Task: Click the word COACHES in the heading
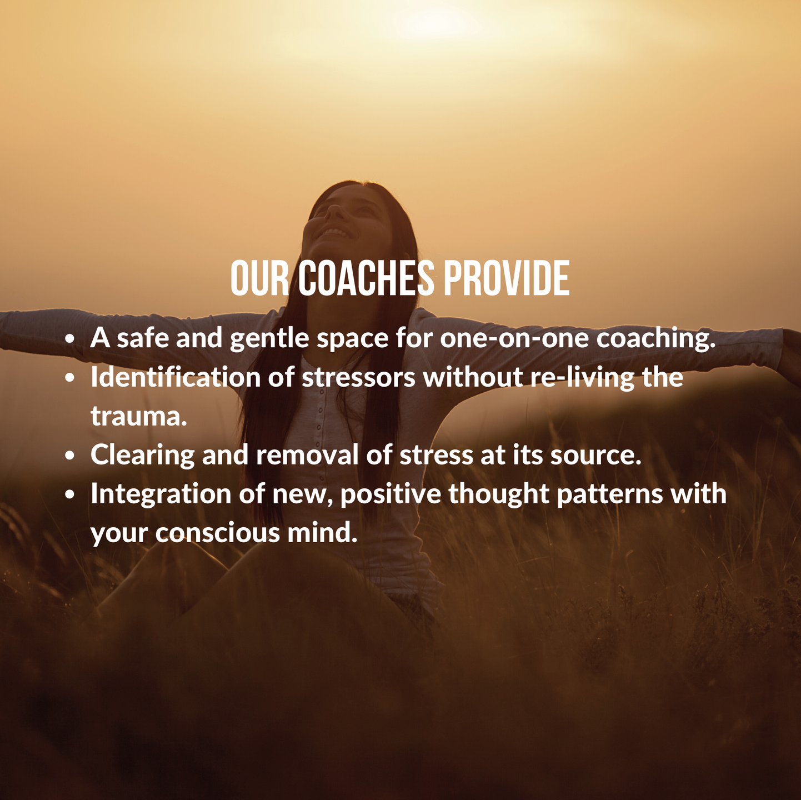pyautogui.click(x=366, y=278)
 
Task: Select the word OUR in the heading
pyautogui.click(x=259, y=278)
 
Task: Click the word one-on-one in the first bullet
pyautogui.click(x=514, y=338)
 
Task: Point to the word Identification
pyautogui.click(x=176, y=377)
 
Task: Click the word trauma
pyautogui.click(x=139, y=416)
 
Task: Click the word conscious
pyautogui.click(x=217, y=533)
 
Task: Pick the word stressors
pyautogui.click(x=358, y=378)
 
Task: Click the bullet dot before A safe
pyautogui.click(x=70, y=338)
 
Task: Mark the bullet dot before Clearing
pyautogui.click(x=70, y=456)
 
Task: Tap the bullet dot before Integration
pyautogui.click(x=70, y=495)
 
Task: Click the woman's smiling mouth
pyautogui.click(x=335, y=233)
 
